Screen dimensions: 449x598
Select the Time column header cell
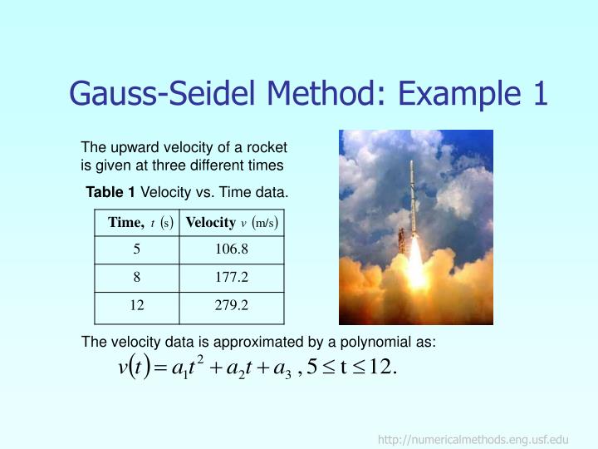pos(137,223)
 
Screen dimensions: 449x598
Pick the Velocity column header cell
pos(232,223)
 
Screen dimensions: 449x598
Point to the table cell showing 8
pos(137,278)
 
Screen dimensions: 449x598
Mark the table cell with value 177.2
pos(232,278)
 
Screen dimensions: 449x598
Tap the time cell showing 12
pos(137,305)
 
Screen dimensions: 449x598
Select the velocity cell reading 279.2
pos(232,305)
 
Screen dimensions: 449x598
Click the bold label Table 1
pos(110,193)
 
